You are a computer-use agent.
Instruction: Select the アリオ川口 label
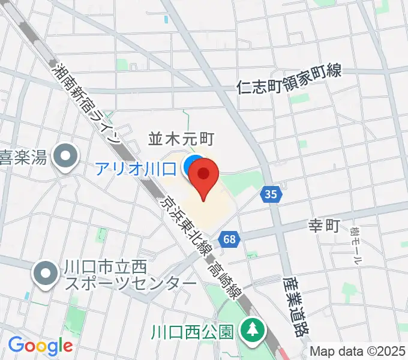click(x=135, y=169)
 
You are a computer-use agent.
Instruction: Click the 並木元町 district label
click(x=181, y=139)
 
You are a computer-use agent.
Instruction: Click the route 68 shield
click(x=229, y=239)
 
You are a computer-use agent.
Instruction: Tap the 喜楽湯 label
click(x=23, y=158)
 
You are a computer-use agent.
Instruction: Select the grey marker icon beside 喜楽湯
click(x=63, y=158)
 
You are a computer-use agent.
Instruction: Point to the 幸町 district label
click(x=324, y=226)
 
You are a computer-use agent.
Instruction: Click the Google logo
click(x=40, y=346)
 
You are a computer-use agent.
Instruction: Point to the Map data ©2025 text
click(x=358, y=352)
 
